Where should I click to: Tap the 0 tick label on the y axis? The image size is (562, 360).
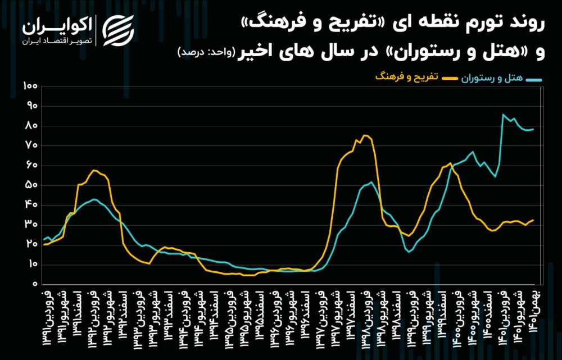tap(34, 284)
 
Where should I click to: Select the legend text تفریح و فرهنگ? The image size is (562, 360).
tap(407, 80)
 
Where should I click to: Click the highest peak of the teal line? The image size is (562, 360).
tap(503, 115)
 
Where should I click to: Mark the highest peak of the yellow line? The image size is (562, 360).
tap(366, 135)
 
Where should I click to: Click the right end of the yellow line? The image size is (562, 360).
tap(533, 221)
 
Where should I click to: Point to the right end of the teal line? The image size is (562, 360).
tap(533, 129)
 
